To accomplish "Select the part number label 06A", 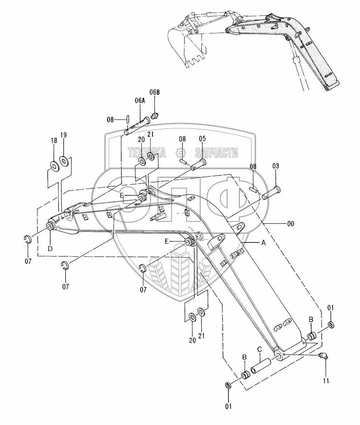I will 140,101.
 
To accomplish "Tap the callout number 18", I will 54,141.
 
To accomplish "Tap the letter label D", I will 51,249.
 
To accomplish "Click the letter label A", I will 263,243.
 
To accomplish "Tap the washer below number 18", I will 55,166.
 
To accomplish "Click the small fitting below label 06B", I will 155,116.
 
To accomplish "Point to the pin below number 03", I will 271,194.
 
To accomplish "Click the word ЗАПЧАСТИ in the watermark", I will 217,153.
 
